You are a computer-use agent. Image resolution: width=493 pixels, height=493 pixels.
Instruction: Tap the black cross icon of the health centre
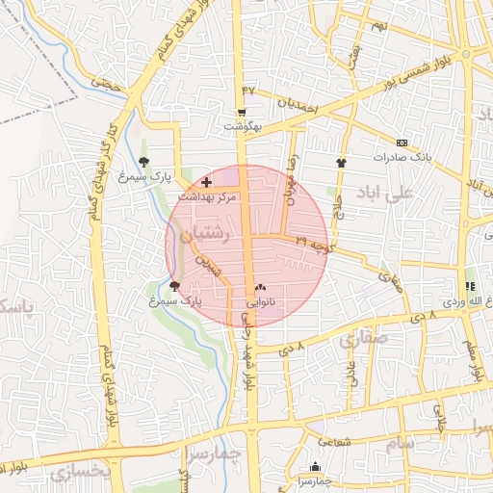206,182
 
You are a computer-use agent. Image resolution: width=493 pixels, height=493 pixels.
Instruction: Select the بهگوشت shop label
243,126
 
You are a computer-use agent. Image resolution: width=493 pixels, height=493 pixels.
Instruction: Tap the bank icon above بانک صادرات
401,143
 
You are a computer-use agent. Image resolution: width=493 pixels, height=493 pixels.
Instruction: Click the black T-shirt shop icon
340,163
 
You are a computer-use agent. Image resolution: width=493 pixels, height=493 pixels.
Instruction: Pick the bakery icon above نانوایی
260,287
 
